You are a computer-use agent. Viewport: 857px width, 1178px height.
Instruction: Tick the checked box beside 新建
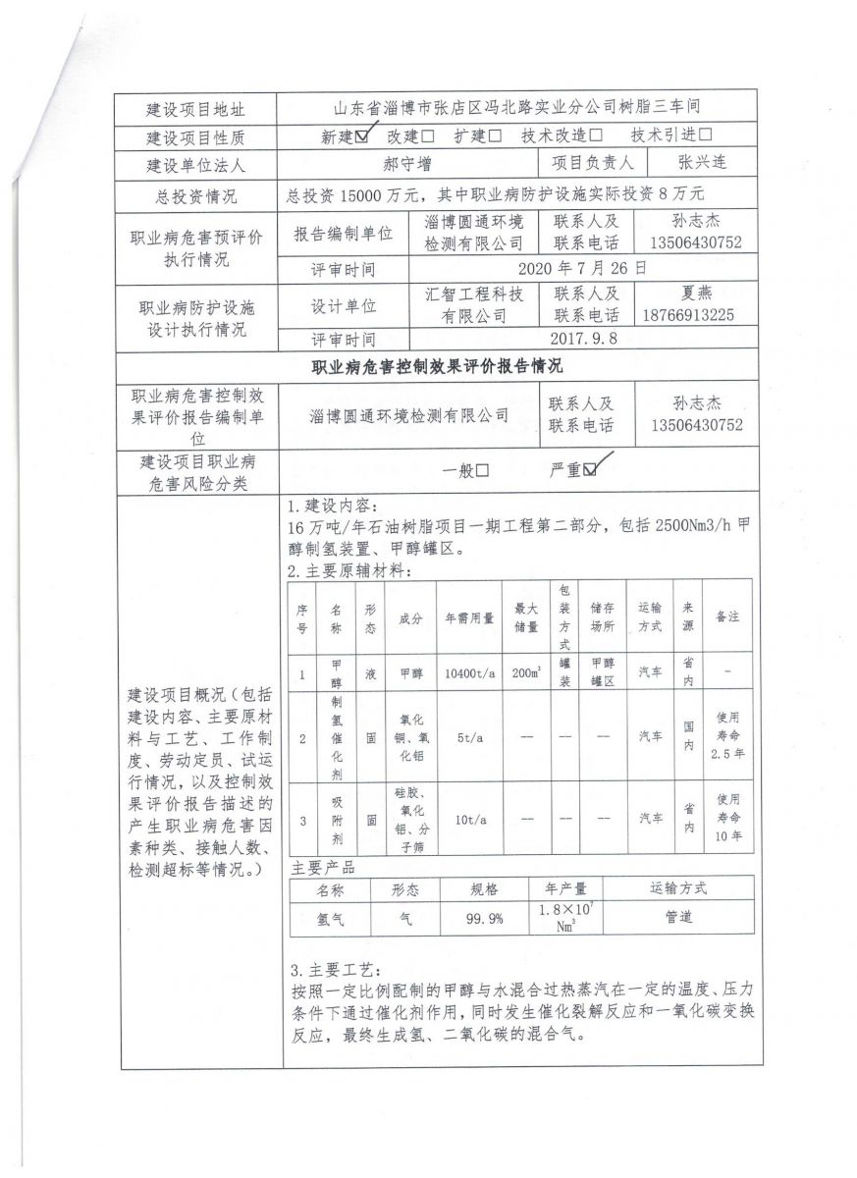point(363,136)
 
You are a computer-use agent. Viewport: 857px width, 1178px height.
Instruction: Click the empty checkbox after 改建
point(429,136)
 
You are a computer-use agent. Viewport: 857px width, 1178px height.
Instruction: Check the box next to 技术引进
point(705,136)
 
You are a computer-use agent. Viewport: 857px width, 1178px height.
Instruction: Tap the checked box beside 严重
point(590,470)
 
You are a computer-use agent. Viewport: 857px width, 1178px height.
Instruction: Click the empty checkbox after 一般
point(482,470)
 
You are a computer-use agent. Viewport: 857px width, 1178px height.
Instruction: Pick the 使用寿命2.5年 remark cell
point(727,734)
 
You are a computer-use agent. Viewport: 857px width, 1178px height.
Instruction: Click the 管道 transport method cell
point(676,919)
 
